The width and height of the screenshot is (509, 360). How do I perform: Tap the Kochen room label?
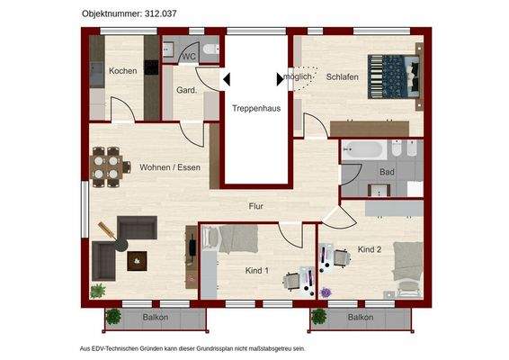tap(122, 71)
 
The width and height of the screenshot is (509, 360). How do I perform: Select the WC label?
tap(189, 57)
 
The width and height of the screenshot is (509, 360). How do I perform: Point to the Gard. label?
tap(186, 91)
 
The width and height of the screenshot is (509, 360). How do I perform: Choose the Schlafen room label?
tap(343, 77)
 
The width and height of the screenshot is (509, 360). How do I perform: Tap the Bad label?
tap(387, 171)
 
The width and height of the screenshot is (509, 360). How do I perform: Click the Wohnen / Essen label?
tap(169, 167)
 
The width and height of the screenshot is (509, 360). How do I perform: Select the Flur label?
tap(256, 207)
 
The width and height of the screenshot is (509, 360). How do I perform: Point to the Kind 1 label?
tap(257, 269)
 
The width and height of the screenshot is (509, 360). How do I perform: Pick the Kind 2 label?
tap(370, 248)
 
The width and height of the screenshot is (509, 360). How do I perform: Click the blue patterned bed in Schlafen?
tap(393, 76)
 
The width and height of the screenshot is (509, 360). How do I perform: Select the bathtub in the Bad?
tap(364, 151)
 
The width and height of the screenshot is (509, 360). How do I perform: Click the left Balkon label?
tap(156, 318)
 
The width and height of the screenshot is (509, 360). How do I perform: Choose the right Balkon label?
tap(361, 318)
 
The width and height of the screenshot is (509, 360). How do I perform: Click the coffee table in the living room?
tap(137, 261)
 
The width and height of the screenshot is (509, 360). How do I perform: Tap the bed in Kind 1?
tap(238, 241)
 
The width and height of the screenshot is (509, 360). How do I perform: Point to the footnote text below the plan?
tap(192, 348)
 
